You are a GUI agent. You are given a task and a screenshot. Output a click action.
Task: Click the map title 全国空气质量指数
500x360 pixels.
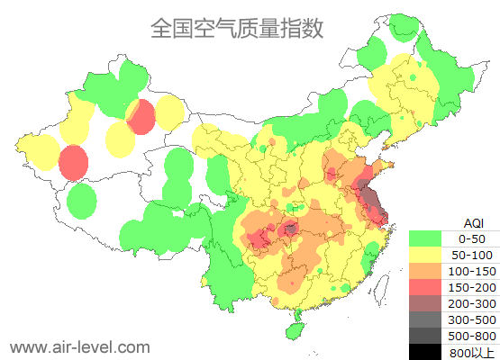coord(237,29)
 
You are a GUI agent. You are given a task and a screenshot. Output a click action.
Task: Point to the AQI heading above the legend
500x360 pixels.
coord(473,222)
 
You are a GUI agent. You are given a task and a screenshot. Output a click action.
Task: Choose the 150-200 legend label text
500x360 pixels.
coord(472,287)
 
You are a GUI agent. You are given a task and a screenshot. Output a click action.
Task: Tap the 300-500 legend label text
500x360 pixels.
coord(472,319)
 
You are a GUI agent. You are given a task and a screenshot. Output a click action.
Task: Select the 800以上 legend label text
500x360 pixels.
coord(472,352)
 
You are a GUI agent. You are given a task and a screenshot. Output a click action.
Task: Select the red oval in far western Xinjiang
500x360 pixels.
coord(73,163)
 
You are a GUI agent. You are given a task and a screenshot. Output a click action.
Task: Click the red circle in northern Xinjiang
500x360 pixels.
coord(141,117)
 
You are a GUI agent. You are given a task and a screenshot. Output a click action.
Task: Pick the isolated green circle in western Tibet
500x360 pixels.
coord(82,201)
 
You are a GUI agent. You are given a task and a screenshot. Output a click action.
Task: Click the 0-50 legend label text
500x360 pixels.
coord(472,238)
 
